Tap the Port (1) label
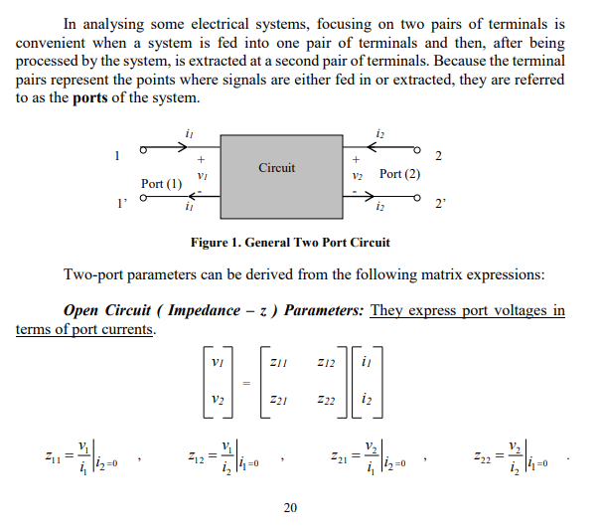[161, 184]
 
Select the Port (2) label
[400, 174]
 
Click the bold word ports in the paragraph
[95, 99]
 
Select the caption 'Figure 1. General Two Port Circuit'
[290, 242]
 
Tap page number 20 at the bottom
[290, 508]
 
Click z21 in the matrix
[283, 399]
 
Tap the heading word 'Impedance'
[207, 310]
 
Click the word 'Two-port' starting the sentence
[93, 274]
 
